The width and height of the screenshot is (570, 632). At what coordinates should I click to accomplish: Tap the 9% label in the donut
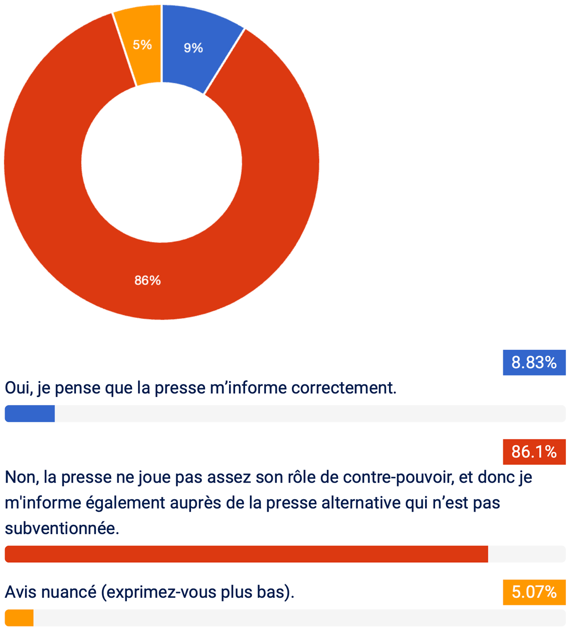pyautogui.click(x=193, y=48)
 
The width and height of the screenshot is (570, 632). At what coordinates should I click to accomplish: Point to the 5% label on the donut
pyautogui.click(x=142, y=45)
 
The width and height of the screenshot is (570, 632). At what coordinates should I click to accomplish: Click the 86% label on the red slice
pyautogui.click(x=148, y=280)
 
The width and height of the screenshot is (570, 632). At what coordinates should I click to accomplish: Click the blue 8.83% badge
pyautogui.click(x=534, y=362)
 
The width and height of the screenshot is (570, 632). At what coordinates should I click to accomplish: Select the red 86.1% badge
pyautogui.click(x=534, y=452)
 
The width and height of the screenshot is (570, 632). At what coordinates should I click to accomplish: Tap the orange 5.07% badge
pyautogui.click(x=534, y=592)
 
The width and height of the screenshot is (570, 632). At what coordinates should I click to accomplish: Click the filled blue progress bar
pyautogui.click(x=29, y=414)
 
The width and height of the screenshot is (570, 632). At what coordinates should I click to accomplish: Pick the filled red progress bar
pyautogui.click(x=247, y=554)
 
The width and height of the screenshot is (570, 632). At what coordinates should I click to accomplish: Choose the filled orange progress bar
pyautogui.click(x=19, y=618)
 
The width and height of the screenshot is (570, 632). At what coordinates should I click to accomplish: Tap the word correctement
pyautogui.click(x=344, y=388)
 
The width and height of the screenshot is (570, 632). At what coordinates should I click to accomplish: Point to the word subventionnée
pyautogui.click(x=62, y=529)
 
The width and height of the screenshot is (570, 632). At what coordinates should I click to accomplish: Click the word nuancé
pyautogui.click(x=69, y=592)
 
